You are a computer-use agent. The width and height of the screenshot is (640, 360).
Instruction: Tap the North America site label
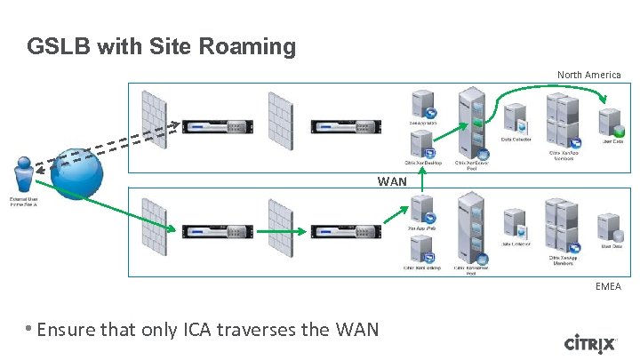[588, 75]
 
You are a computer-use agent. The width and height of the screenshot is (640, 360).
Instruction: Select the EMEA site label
[608, 286]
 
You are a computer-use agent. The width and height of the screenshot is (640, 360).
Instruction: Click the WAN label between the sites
[391, 181]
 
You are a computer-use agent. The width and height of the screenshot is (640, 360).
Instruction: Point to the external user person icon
[24, 175]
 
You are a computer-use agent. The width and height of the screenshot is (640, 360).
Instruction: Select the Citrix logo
[589, 342]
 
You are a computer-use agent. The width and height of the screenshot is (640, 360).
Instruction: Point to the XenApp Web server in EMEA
[422, 210]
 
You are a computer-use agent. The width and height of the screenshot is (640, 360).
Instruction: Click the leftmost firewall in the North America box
[155, 121]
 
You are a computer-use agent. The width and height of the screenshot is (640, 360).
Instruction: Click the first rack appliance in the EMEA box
[212, 232]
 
